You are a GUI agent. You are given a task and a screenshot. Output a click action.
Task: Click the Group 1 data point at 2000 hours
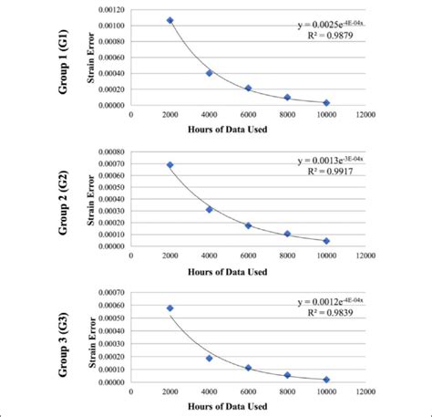coord(170,20)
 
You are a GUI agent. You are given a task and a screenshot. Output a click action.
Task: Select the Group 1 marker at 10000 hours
coord(326,103)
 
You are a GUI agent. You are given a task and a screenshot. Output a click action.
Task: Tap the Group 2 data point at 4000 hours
coord(209,210)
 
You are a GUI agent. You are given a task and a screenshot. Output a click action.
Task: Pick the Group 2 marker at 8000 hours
coord(287,235)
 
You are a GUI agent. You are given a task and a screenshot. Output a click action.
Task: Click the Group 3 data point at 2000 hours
coord(170,308)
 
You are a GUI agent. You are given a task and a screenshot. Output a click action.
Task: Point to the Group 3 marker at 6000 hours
coord(248,368)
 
